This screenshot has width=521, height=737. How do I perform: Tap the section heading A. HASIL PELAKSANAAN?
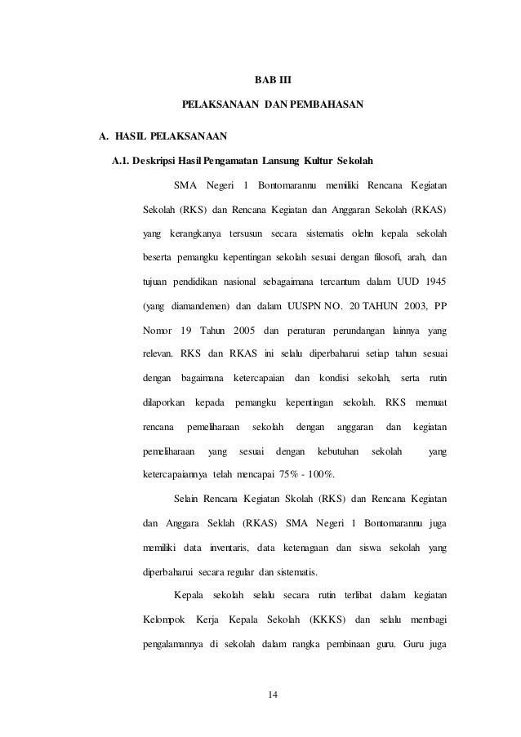tap(162, 133)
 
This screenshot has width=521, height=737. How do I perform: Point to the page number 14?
tap(273, 695)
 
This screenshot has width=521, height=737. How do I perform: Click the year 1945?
tap(434, 282)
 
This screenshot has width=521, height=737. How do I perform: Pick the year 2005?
tap(240, 331)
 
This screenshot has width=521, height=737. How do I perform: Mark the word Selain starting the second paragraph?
tap(189, 499)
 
